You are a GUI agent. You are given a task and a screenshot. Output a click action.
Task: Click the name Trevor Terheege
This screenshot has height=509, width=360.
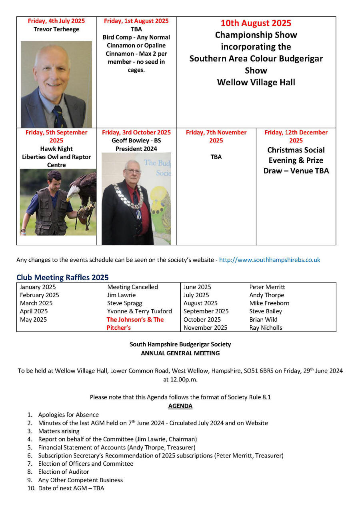pyautogui.click(x=56, y=29)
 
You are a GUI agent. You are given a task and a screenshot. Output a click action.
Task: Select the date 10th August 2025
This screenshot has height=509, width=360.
pyautogui.click(x=256, y=23)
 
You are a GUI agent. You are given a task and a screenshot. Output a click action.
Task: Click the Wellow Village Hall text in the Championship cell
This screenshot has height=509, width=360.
pyautogui.click(x=256, y=82)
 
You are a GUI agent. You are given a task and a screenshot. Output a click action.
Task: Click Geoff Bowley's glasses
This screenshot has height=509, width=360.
pyautogui.click(x=133, y=171)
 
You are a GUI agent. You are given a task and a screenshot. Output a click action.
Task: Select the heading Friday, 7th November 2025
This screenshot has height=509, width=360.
pyautogui.click(x=216, y=136)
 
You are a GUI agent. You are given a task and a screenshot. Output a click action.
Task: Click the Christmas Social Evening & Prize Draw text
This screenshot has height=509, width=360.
pyautogui.click(x=296, y=160)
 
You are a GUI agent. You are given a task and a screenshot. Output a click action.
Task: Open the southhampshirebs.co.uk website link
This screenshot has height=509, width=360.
pyautogui.click(x=270, y=260)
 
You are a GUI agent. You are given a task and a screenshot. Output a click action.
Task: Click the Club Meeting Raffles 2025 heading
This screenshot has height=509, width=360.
pyautogui.click(x=62, y=277)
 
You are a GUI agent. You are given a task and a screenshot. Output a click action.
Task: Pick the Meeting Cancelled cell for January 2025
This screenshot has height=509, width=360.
pyautogui.click(x=132, y=287)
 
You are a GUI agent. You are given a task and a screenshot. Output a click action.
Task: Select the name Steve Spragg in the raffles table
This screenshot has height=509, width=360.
pyautogui.click(x=124, y=303)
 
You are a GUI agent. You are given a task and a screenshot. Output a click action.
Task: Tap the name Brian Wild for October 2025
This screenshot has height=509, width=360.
pyautogui.click(x=263, y=319)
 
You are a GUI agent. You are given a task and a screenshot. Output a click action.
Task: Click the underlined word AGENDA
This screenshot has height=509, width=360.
pyautogui.click(x=180, y=406)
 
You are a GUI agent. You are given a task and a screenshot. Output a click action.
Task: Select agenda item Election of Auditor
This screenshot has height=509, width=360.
pyautogui.click(x=64, y=472)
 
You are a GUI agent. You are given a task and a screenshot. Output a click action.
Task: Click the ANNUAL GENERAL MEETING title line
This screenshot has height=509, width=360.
pyautogui.click(x=180, y=353)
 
